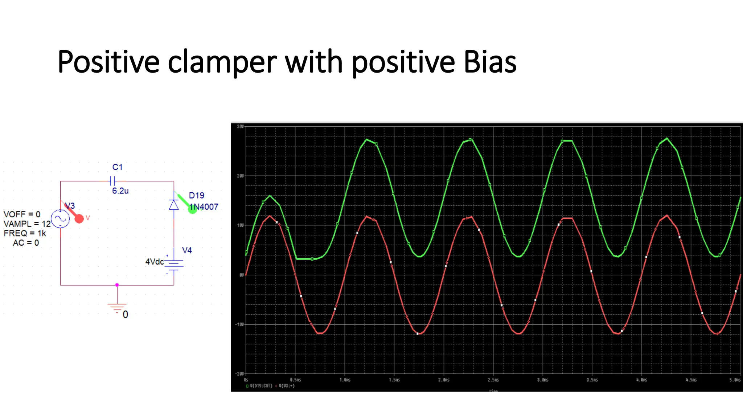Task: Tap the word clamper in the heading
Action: tap(222, 63)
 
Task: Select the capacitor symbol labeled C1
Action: tap(113, 180)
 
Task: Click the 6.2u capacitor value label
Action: tap(120, 191)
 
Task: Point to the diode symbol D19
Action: tap(174, 205)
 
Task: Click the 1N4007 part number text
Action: tap(204, 207)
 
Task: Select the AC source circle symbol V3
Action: tap(60, 219)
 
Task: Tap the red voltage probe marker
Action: tap(79, 218)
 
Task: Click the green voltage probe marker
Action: tap(192, 209)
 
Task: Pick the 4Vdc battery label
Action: tap(154, 262)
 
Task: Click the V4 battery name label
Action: tap(187, 250)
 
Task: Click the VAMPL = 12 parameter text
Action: tap(27, 224)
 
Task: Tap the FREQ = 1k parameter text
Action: tap(25, 233)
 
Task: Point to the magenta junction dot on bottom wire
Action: tap(117, 285)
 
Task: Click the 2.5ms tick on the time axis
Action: tap(493, 380)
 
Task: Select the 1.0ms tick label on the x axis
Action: tap(345, 380)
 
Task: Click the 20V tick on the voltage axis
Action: tap(240, 176)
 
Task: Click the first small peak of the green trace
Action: tap(270, 196)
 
